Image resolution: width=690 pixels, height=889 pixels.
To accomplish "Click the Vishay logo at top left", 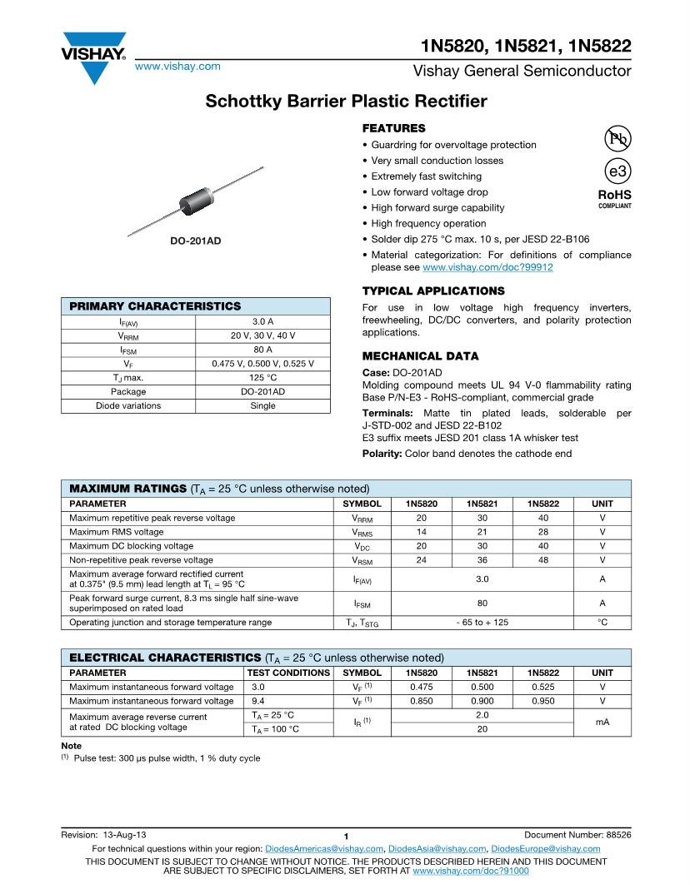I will tap(92, 57).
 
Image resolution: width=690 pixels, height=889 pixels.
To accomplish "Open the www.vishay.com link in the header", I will tap(177, 66).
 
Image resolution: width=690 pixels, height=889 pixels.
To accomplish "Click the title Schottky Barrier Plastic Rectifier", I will tap(346, 102).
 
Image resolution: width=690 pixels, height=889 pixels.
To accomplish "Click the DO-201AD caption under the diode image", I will tap(196, 241).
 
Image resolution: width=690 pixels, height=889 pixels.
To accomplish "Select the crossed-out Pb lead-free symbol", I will tap(617, 139).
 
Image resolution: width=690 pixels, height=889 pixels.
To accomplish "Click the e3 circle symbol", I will tap(617, 171).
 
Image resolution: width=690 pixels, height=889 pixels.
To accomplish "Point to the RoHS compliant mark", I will tap(615, 198).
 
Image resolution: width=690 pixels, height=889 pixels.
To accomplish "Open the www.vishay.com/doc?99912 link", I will tap(487, 267).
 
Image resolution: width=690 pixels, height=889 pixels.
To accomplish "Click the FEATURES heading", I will tap(393, 128).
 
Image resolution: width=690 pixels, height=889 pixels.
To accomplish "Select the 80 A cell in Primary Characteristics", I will tap(262, 350).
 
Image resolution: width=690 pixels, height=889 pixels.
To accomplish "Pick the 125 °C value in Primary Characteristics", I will tap(262, 377).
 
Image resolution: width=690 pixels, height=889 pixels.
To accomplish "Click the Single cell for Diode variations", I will tap(262, 405).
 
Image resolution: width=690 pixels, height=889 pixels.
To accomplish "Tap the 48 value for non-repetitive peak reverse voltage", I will tap(542, 560).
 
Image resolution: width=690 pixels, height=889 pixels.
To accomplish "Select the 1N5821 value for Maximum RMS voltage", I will tap(482, 532).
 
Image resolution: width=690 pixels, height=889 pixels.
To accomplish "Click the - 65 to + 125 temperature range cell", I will tap(482, 622).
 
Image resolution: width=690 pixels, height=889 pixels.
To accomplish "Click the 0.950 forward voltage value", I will tap(542, 701).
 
